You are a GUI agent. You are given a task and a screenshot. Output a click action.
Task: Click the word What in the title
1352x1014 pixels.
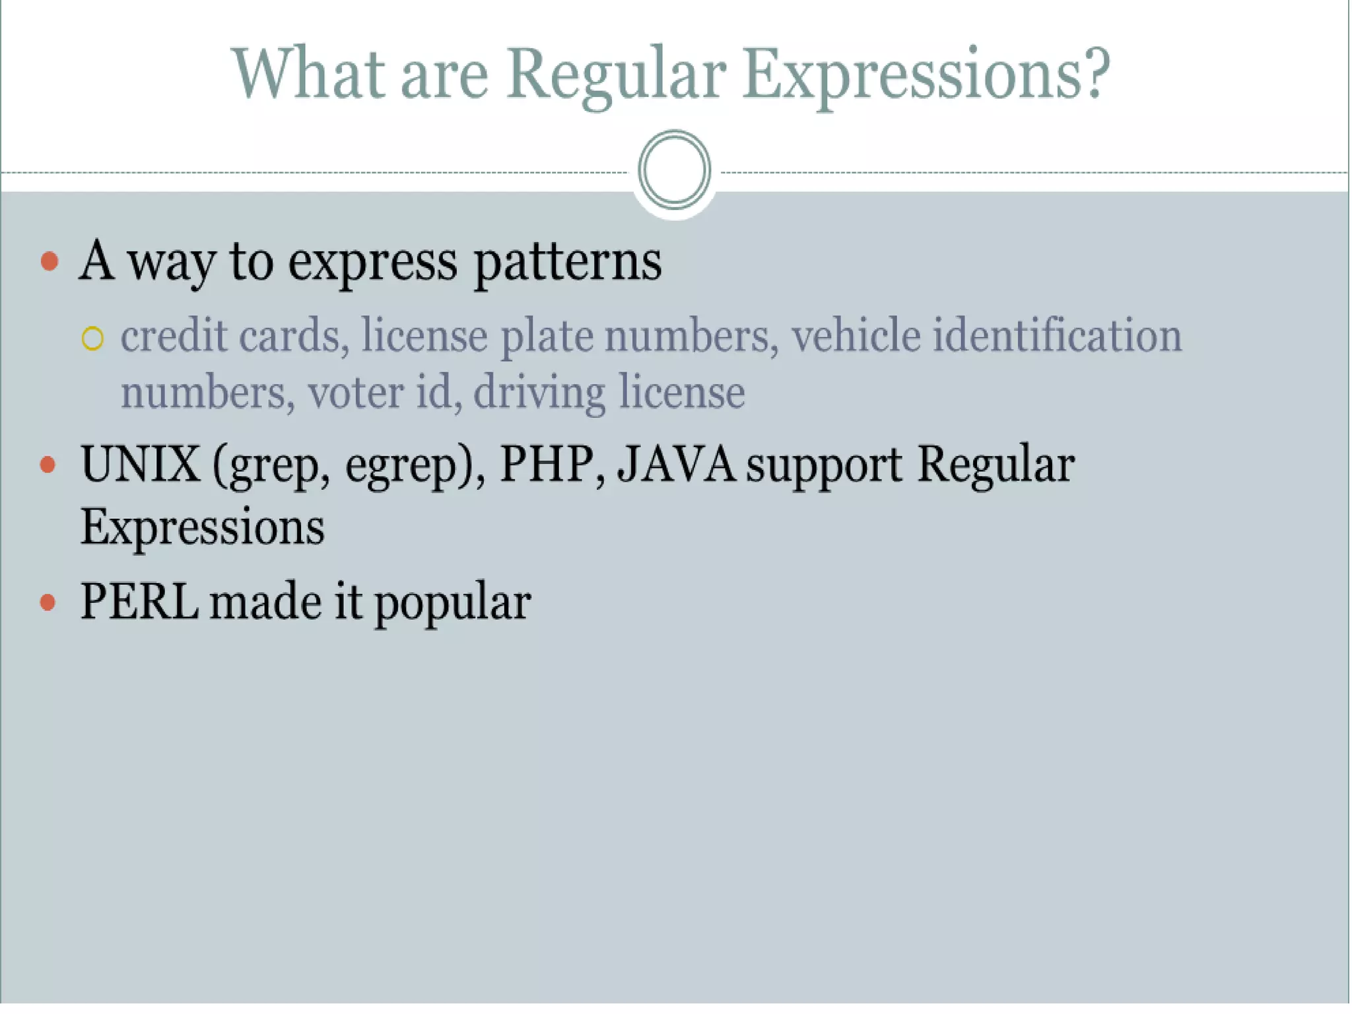click(308, 74)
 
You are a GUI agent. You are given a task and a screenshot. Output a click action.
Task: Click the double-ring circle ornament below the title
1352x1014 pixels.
click(674, 170)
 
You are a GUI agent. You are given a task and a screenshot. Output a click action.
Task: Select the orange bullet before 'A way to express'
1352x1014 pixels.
click(50, 261)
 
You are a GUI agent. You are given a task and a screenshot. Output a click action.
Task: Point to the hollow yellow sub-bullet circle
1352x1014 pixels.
click(92, 339)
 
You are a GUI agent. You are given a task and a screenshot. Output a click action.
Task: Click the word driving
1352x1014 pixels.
click(539, 394)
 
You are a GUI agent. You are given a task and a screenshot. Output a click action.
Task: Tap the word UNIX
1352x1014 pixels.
click(140, 465)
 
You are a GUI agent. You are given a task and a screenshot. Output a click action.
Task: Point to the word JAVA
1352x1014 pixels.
click(676, 465)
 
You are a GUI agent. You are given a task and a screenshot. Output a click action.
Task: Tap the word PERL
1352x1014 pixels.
click(139, 601)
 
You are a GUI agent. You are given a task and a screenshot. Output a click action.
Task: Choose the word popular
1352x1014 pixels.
click(452, 604)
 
